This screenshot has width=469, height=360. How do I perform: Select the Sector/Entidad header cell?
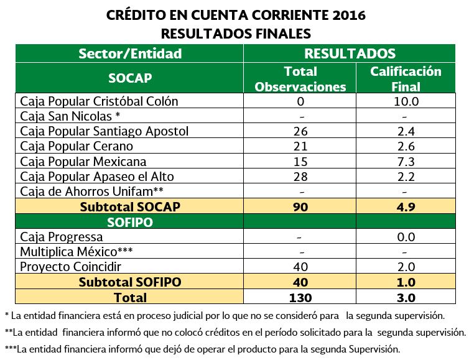click(130, 53)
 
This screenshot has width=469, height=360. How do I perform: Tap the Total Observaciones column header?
click(300, 79)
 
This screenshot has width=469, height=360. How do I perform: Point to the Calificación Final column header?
click(405, 79)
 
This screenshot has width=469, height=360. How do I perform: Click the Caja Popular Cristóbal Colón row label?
click(99, 101)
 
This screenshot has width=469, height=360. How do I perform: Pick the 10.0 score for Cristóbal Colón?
click(405, 101)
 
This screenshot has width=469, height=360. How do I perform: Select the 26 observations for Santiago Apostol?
click(300, 131)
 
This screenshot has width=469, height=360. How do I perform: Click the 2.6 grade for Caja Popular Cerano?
click(405, 146)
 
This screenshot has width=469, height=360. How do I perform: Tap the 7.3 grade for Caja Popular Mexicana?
click(405, 161)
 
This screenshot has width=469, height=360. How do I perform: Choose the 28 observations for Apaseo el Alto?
click(300, 177)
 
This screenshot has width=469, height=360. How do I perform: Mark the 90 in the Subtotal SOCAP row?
click(300, 206)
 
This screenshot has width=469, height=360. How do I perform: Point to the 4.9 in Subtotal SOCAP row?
click(405, 206)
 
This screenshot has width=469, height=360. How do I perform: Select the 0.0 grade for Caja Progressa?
click(405, 237)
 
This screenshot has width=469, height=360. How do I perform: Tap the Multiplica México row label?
click(77, 252)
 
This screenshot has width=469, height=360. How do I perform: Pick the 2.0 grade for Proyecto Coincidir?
click(405, 267)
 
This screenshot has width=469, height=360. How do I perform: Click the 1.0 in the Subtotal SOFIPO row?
click(405, 282)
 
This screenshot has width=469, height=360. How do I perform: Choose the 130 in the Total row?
click(300, 297)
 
